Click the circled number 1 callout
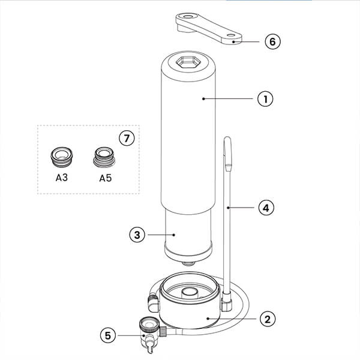click(x=265, y=98)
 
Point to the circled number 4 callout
click(x=265, y=208)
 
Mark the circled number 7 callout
click(x=124, y=138)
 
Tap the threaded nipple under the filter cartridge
click(x=188, y=262)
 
